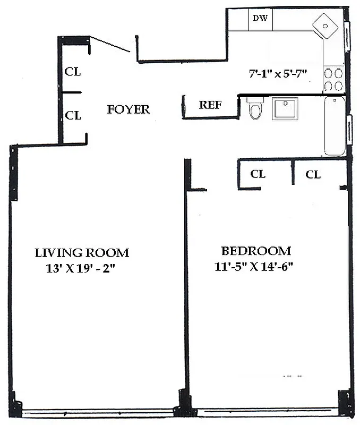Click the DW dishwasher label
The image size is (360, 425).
point(260,18)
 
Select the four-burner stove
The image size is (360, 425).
point(333,80)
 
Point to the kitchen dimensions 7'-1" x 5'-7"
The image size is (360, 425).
point(278,74)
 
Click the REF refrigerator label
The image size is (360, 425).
point(210,105)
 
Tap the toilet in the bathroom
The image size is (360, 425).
point(255,109)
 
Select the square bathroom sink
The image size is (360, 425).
point(285,108)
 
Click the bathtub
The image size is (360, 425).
point(335,126)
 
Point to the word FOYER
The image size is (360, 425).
point(128,110)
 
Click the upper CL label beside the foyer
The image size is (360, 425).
point(73,72)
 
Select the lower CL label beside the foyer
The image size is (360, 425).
point(73,115)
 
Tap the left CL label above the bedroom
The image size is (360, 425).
point(258,174)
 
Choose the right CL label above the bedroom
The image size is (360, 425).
point(313,174)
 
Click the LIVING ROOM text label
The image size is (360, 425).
point(82,253)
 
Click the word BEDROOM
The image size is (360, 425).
point(256,251)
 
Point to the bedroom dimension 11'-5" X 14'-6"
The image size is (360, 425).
point(255,267)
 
